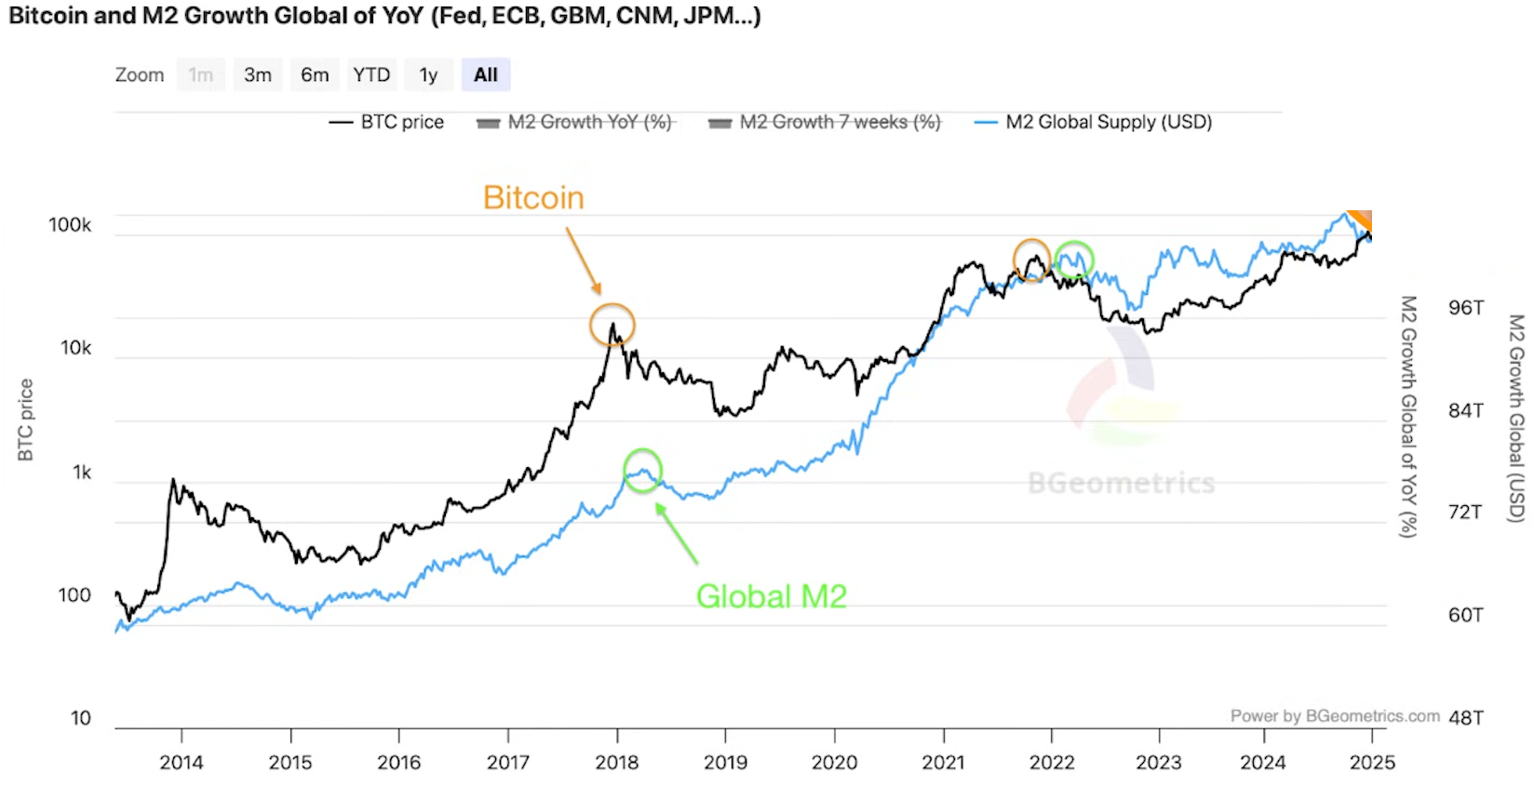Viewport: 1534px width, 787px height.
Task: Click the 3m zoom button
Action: [258, 75]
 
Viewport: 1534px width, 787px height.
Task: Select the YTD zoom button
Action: [371, 75]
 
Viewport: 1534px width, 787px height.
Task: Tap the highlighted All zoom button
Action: [486, 75]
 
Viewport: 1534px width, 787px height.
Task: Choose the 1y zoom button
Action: [428, 75]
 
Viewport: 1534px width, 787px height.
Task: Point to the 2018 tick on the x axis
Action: [617, 763]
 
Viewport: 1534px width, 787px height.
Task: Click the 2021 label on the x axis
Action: [943, 763]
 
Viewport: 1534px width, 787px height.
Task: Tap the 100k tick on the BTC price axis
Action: [70, 225]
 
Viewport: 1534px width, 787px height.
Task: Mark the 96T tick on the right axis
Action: [1466, 308]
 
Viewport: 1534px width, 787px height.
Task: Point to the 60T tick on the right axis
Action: [1466, 615]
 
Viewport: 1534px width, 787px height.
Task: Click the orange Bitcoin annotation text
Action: [533, 198]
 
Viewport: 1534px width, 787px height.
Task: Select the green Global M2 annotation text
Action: [772, 596]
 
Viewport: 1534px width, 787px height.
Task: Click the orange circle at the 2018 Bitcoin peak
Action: [612, 326]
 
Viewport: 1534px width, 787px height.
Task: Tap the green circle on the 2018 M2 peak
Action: [642, 470]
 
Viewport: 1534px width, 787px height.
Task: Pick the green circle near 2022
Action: [1074, 260]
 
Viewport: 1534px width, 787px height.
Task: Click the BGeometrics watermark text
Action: [1121, 483]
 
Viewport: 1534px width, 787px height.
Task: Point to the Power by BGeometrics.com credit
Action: [1335, 715]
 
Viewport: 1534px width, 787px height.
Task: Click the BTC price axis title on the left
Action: [25, 420]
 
